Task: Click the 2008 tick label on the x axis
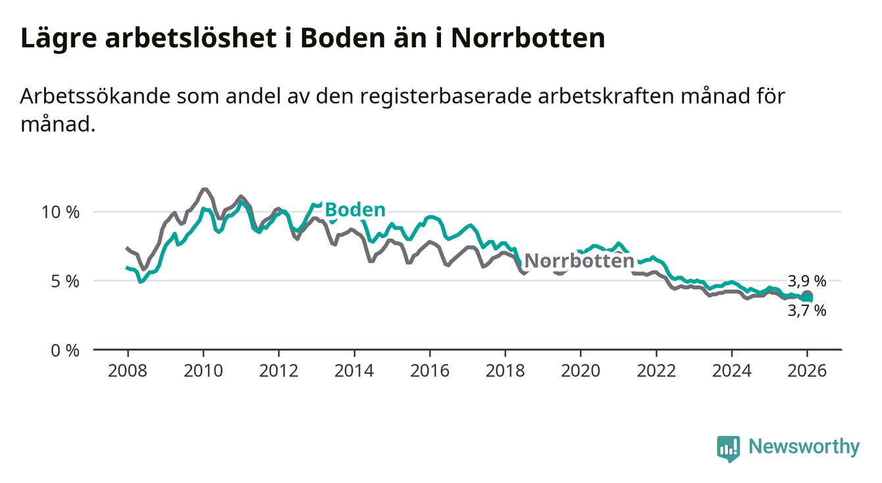[x=128, y=370]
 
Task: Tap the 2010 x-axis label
[x=203, y=370]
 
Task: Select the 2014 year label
[x=354, y=370]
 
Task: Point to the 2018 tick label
[x=505, y=370]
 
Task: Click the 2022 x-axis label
[x=656, y=370]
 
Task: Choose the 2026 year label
[x=807, y=370]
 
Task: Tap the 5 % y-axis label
[x=66, y=281]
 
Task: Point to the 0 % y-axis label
[x=66, y=350]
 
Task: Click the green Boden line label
[x=355, y=210]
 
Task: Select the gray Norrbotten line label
[x=579, y=261]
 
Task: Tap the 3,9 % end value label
[x=806, y=281]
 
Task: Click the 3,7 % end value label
[x=806, y=311]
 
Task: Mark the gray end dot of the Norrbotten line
[x=808, y=295]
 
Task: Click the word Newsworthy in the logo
[x=804, y=447]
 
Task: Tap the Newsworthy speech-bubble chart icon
[x=728, y=449]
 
